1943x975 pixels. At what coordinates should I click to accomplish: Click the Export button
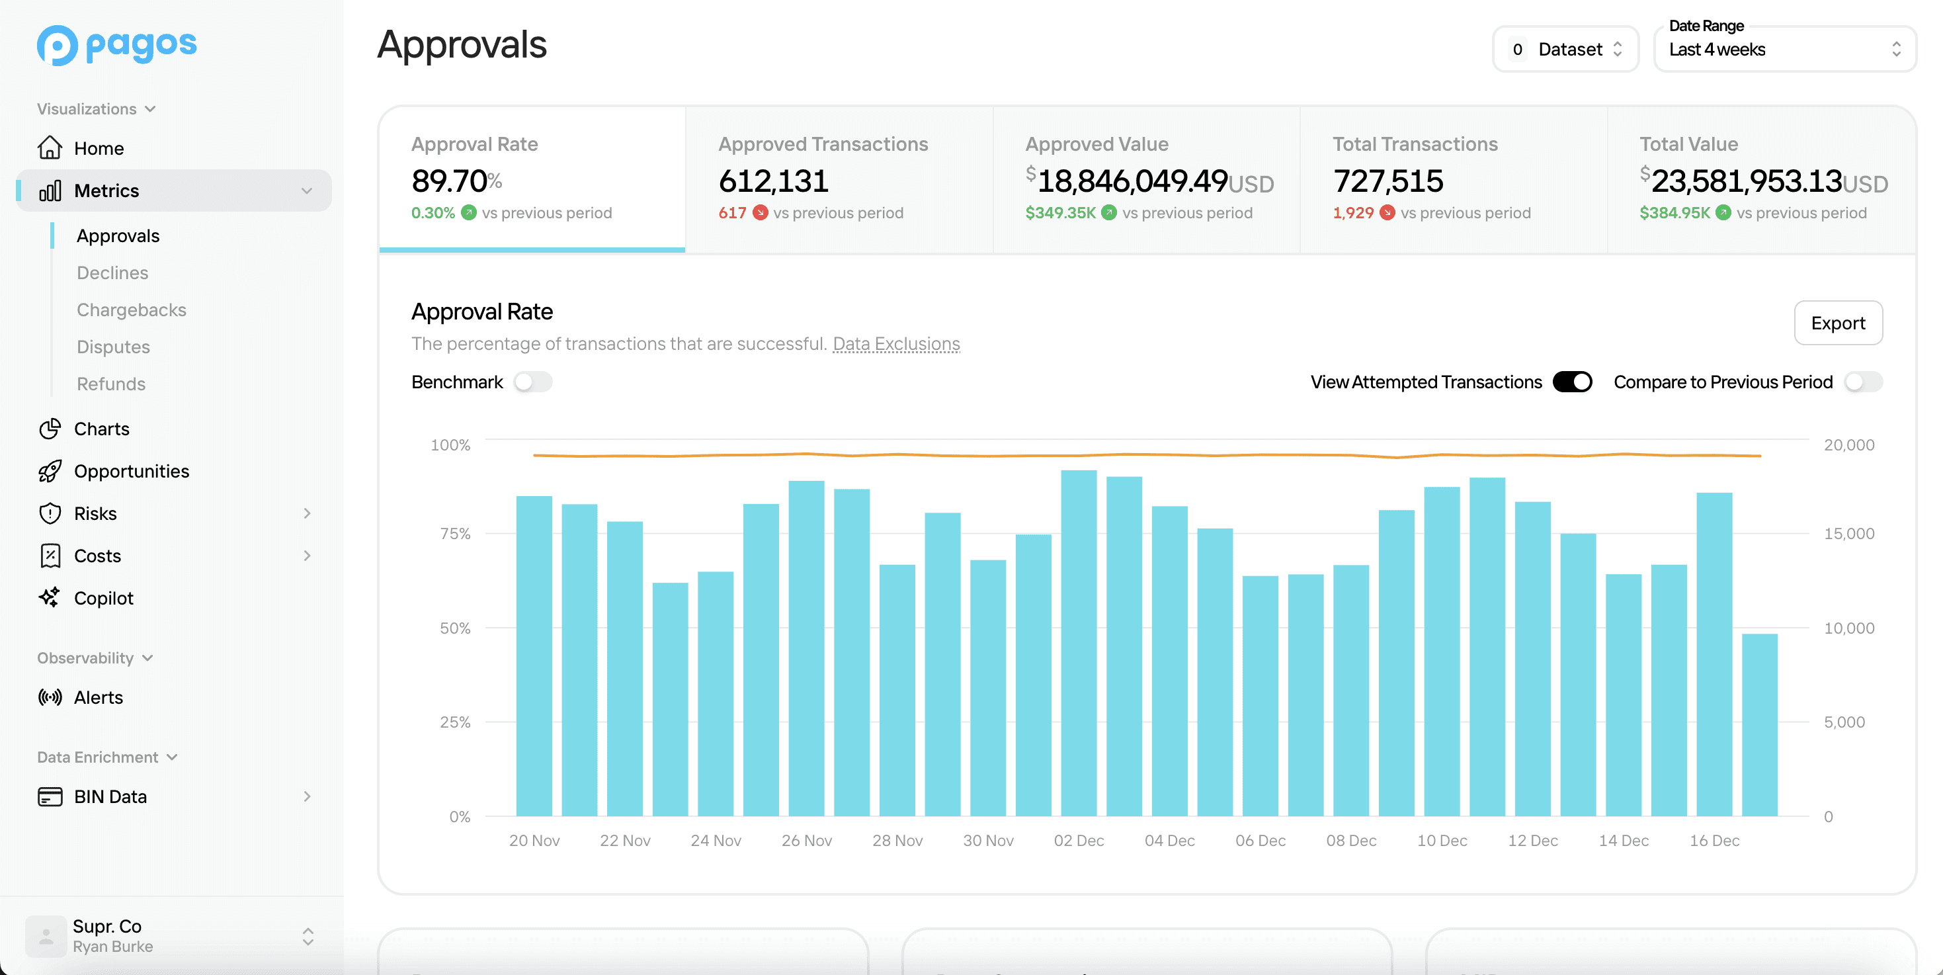tap(1837, 323)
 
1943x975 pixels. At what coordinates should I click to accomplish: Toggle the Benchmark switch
tap(532, 382)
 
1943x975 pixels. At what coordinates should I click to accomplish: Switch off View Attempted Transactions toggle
tap(1572, 382)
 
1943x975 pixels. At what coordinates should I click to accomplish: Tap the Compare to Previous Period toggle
tap(1862, 382)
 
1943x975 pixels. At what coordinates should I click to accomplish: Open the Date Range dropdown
tap(1784, 50)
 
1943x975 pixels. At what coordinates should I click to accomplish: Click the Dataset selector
tap(1565, 50)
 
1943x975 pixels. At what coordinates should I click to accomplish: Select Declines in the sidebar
tap(112, 273)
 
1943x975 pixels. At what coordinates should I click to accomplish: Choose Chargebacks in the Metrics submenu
tap(131, 310)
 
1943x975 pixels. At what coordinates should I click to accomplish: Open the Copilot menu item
tap(103, 598)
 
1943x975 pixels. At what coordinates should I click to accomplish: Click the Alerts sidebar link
tap(98, 697)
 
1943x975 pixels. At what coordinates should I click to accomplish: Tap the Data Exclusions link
tap(895, 343)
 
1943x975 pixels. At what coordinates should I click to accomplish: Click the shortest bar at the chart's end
tap(1759, 724)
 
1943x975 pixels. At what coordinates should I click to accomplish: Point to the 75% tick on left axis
tap(455, 534)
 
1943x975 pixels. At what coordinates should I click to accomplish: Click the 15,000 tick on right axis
tap(1848, 534)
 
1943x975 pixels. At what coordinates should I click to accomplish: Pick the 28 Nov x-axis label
tap(897, 840)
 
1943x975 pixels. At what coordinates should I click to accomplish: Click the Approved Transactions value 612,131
tap(773, 181)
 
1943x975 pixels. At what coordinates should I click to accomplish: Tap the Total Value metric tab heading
tap(1688, 144)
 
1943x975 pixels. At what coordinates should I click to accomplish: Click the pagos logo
tap(117, 45)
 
